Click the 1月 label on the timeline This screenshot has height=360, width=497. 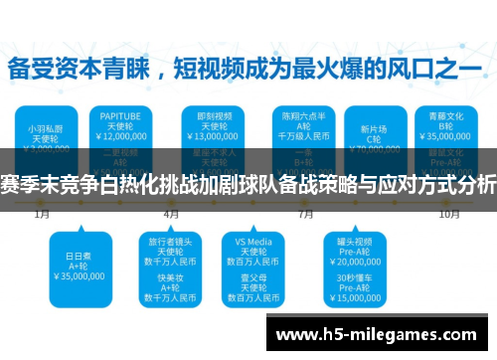[42, 213]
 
